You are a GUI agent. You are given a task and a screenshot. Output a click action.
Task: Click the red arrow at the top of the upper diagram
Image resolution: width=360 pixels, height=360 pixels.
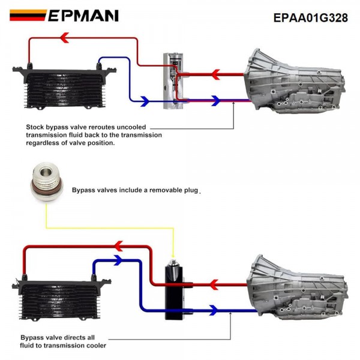tap(65, 38)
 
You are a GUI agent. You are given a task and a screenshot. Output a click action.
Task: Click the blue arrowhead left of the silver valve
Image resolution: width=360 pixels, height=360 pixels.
tap(144, 101)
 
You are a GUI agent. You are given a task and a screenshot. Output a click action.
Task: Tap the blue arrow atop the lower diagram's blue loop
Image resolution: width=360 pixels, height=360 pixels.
tap(116, 260)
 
